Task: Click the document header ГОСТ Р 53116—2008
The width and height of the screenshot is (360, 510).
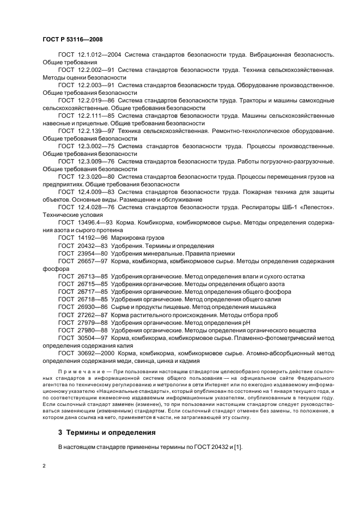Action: point(72,40)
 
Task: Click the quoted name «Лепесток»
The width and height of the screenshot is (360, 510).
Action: point(314,208)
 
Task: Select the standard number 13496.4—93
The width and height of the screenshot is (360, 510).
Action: point(93,223)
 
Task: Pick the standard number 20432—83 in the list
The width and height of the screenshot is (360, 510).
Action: point(91,246)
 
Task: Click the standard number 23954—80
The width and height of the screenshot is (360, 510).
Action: point(91,253)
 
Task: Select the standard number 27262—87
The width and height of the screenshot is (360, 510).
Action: point(91,314)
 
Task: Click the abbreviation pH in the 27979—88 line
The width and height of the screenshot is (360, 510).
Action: point(246,322)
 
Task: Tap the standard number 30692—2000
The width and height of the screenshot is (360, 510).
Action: point(94,353)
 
